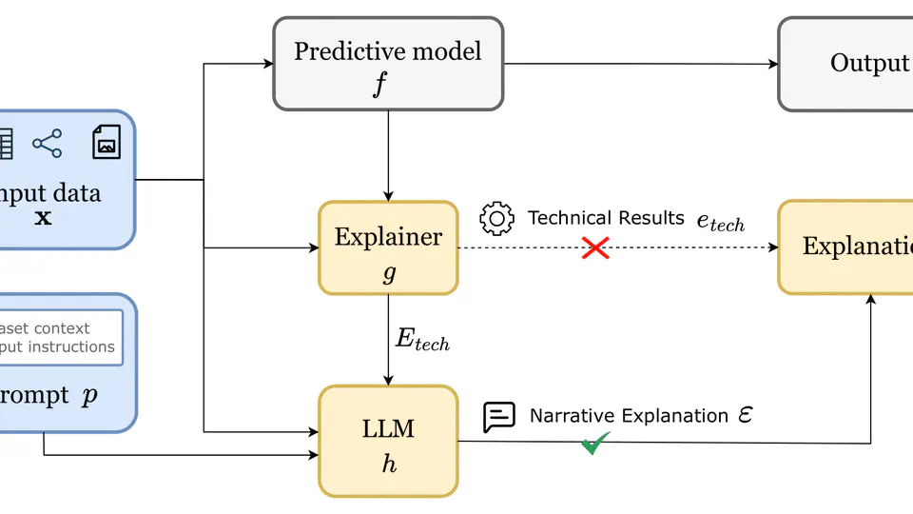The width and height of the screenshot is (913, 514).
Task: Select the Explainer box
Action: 388,247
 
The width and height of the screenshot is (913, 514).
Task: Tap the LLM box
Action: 388,441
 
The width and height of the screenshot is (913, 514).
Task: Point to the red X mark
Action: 595,248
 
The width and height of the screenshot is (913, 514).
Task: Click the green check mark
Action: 595,443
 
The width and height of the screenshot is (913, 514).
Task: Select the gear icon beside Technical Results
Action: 496,219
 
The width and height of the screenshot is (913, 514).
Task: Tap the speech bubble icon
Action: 499,416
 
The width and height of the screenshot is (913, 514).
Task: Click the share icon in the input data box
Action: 47,144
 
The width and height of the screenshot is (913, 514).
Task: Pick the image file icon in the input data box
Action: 107,143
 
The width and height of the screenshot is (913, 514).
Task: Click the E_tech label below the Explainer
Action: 421,341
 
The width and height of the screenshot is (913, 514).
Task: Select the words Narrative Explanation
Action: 629,416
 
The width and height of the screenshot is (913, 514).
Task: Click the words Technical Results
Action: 606,218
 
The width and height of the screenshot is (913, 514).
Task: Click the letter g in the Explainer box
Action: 388,274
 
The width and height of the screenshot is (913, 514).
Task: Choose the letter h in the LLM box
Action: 388,465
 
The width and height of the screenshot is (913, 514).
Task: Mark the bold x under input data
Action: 43,218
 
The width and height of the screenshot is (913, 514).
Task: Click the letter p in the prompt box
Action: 89,396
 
